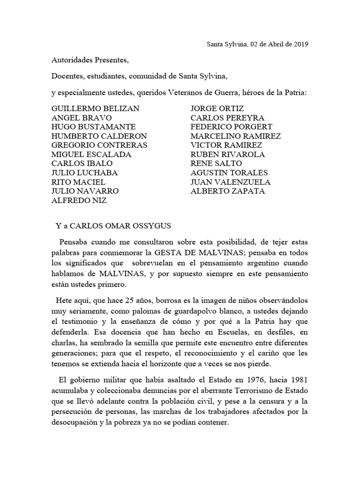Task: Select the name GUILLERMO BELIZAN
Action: click(x=96, y=108)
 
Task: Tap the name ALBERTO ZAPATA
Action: click(x=228, y=191)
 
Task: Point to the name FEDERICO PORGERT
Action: click(x=232, y=127)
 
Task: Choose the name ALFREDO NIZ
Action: click(x=79, y=201)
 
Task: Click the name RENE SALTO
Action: click(x=216, y=164)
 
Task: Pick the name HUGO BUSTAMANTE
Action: click(x=94, y=127)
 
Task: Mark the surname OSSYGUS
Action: click(x=153, y=225)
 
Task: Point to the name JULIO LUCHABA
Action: click(x=85, y=173)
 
